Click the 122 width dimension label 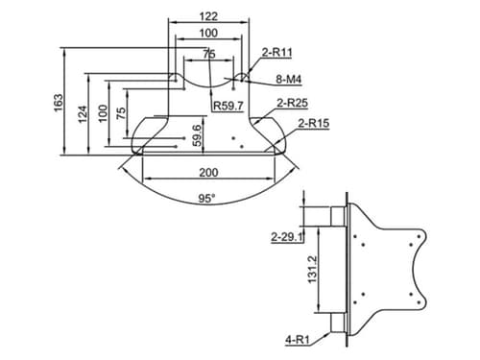pyautogui.click(x=208, y=16)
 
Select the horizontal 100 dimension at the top pyautogui.click(x=208, y=33)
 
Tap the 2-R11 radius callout pyautogui.click(x=277, y=52)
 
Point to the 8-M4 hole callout pyautogui.click(x=289, y=79)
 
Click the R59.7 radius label pyautogui.click(x=228, y=106)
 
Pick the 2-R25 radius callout pyautogui.click(x=292, y=103)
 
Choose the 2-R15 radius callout pyautogui.click(x=314, y=123)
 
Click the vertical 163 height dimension pyautogui.click(x=59, y=103)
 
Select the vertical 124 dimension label pyautogui.click(x=83, y=114)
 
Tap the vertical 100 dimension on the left pyautogui.click(x=103, y=113)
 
